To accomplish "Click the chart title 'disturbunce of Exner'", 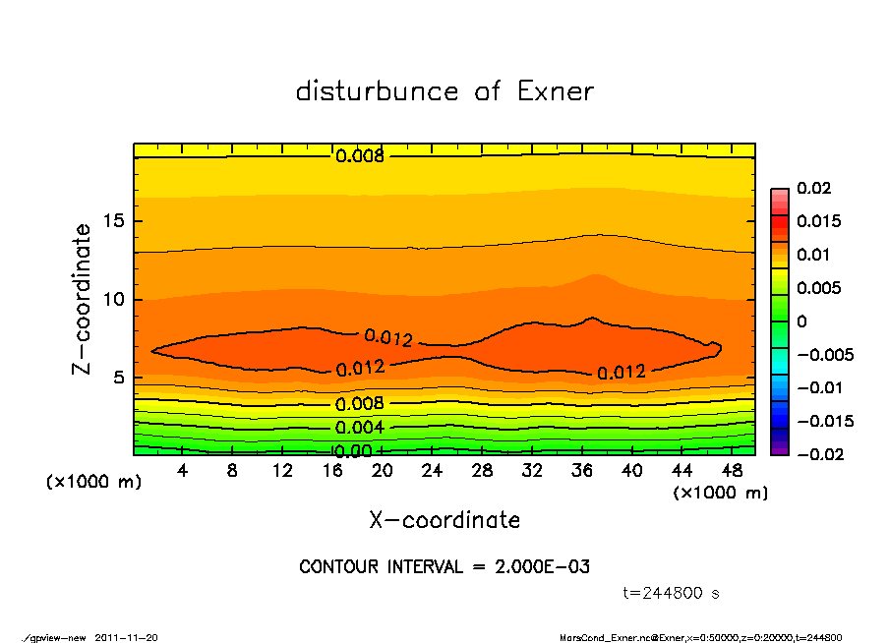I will point(444,91).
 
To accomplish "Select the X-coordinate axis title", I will point(444,520).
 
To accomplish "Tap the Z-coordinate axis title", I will point(83,298).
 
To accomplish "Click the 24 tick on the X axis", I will point(433,471).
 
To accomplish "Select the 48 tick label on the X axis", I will point(732,471).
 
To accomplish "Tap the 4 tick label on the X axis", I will point(183,471).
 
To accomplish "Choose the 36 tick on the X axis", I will point(582,471).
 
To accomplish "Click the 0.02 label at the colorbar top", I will point(813,188).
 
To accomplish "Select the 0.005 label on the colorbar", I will point(818,288).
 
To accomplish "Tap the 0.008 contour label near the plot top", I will point(360,155).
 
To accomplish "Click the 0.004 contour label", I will point(359,428).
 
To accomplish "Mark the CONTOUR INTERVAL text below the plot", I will point(444,567).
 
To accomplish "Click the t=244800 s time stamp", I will point(672,593).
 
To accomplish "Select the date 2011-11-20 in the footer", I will point(126,637).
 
